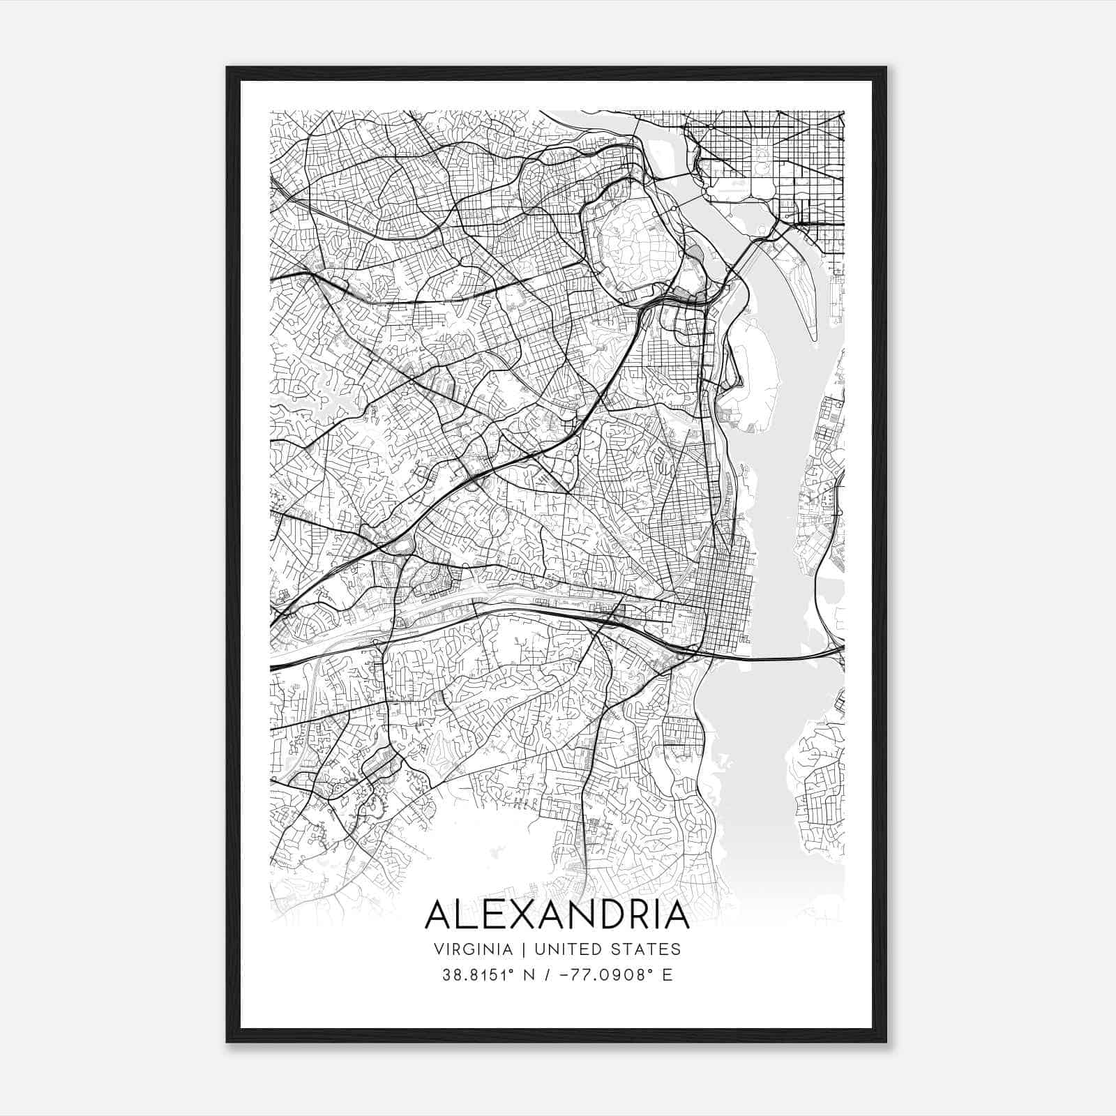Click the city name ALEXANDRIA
click(x=557, y=915)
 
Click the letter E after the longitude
click(x=668, y=974)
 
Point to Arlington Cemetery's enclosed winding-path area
click(x=628, y=237)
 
